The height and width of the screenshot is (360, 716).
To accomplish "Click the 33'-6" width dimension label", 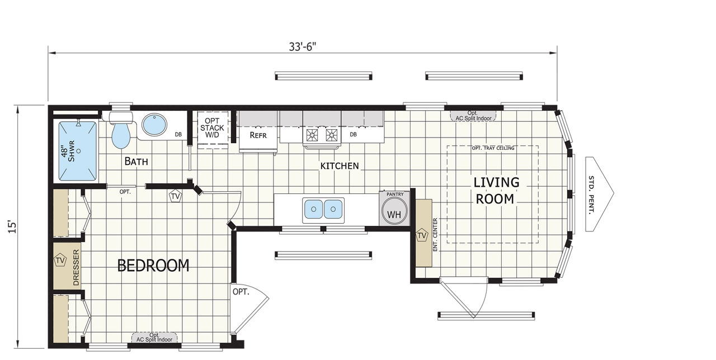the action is pyautogui.click(x=303, y=46).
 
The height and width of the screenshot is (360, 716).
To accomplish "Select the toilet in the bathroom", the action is pyautogui.click(x=121, y=130).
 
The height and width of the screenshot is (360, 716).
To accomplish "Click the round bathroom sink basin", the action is pyautogui.click(x=154, y=125).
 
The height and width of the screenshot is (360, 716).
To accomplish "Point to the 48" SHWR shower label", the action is pyautogui.click(x=68, y=151).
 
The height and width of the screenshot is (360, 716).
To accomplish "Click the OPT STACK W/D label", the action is pyautogui.click(x=212, y=128).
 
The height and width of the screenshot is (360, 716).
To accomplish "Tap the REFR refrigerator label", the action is pyautogui.click(x=258, y=135).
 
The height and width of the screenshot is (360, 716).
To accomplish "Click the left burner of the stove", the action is pyautogui.click(x=312, y=135).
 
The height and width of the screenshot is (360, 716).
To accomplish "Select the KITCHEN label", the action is pyautogui.click(x=340, y=166).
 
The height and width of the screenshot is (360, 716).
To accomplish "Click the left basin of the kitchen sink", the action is pyautogui.click(x=313, y=209).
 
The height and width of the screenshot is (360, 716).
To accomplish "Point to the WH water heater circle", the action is pyautogui.click(x=394, y=211).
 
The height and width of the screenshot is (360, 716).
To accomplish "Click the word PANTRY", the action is pyautogui.click(x=395, y=194).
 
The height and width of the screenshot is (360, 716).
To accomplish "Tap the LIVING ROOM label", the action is pyautogui.click(x=496, y=191).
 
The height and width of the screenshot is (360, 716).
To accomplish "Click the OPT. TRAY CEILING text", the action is pyautogui.click(x=493, y=148).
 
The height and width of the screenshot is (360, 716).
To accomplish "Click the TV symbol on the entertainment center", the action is pyautogui.click(x=422, y=235).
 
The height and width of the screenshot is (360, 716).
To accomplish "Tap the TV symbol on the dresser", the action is pyautogui.click(x=60, y=260).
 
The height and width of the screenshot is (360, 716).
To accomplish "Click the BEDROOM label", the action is pyautogui.click(x=153, y=266).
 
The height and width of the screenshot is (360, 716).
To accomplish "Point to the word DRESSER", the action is pyautogui.click(x=76, y=267).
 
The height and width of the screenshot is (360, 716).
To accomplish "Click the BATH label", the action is pyautogui.click(x=136, y=162).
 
